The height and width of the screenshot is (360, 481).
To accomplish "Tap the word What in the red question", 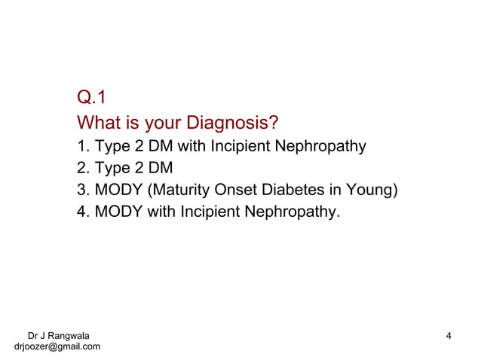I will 99,121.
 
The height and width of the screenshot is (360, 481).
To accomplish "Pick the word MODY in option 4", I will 118,211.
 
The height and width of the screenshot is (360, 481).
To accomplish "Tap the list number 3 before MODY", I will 82,189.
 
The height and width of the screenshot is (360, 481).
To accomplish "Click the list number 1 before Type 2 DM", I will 82,145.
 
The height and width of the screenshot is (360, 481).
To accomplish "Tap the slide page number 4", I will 449,335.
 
